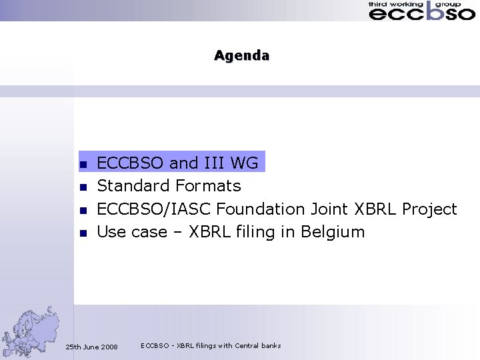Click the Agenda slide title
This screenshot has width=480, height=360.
tap(241, 55)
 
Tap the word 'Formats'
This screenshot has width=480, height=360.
tap(209, 185)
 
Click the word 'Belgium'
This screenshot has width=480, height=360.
tap(333, 233)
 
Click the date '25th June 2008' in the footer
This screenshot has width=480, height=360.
tap(91, 347)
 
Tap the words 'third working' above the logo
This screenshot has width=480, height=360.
tap(395, 4)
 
